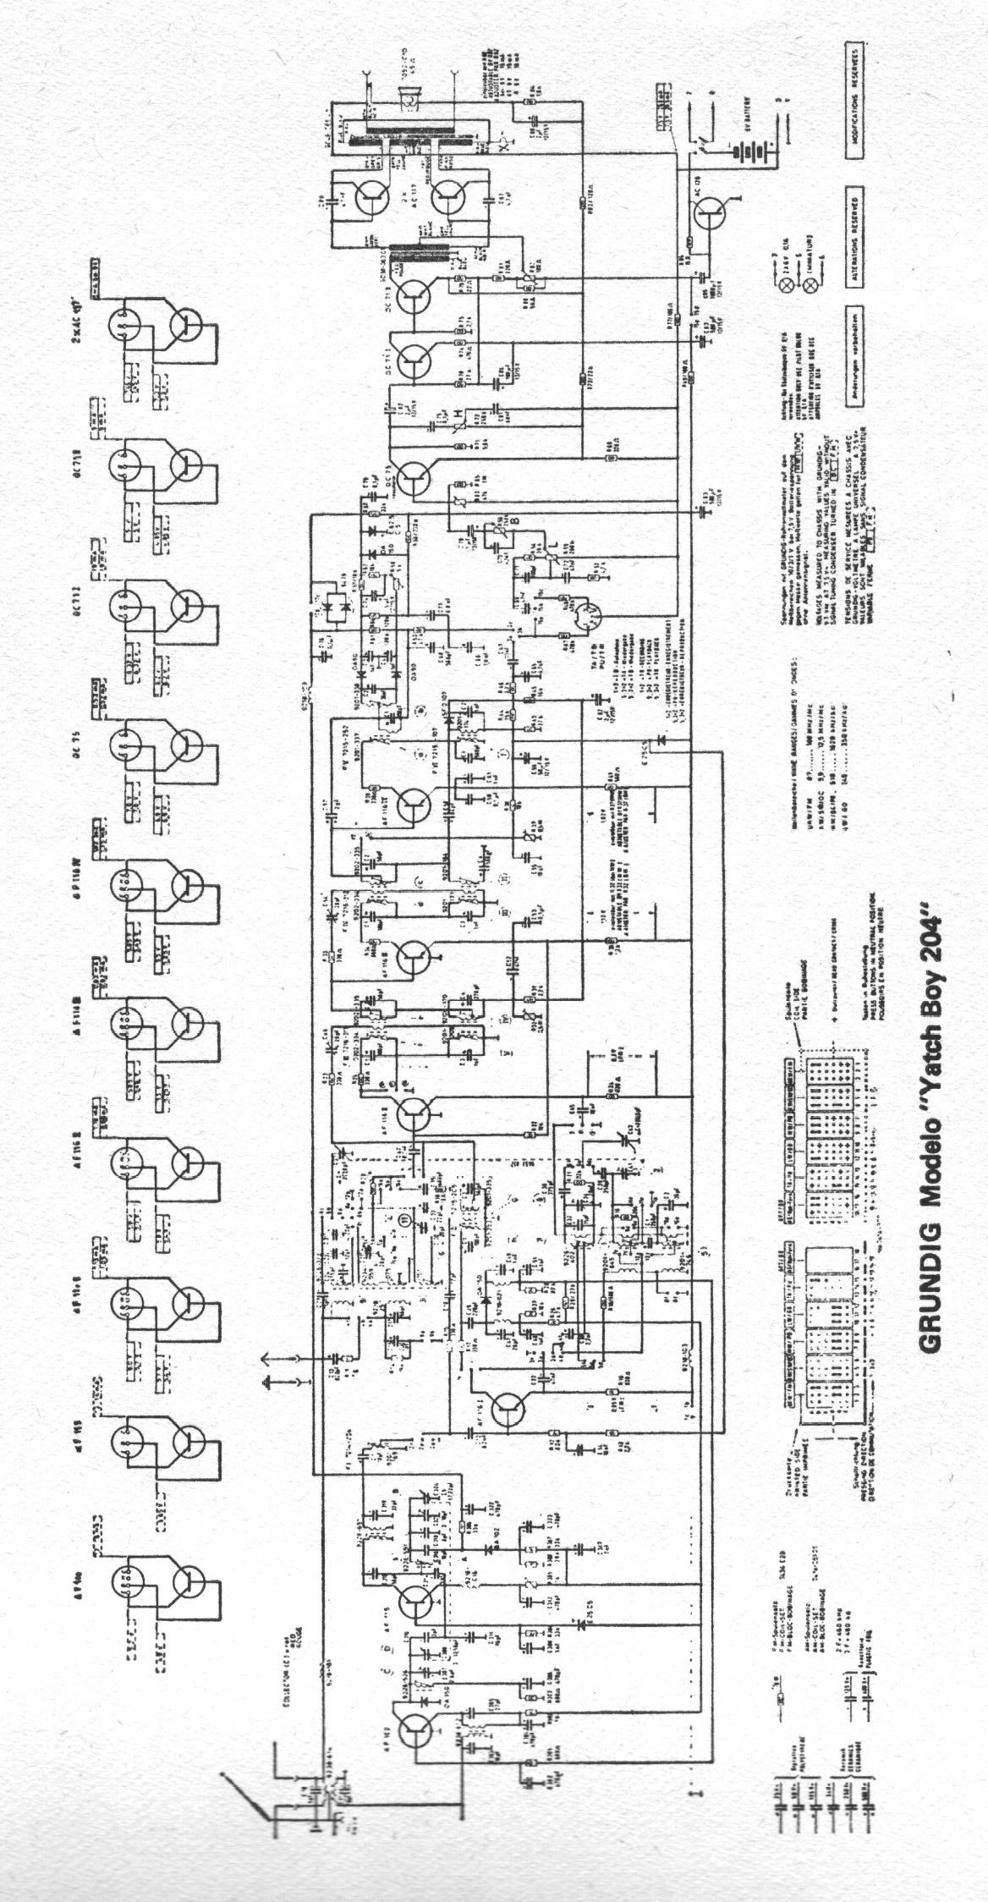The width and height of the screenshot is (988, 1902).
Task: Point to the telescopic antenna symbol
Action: point(245,1802)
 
